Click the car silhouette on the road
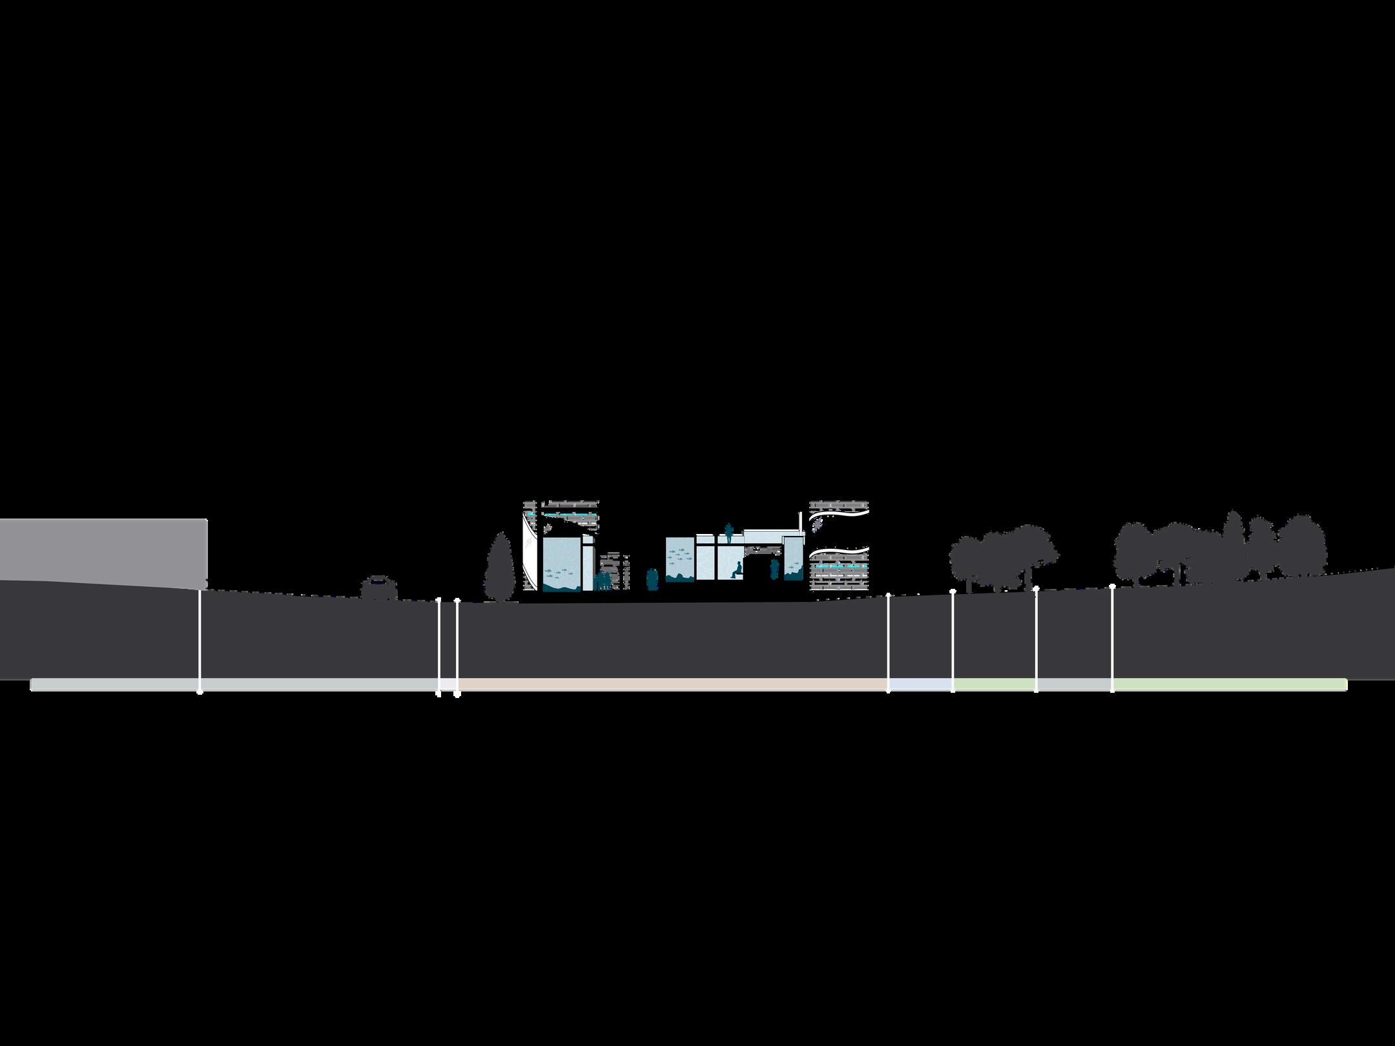(x=378, y=588)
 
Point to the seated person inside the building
(x=736, y=570)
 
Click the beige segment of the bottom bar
(x=672, y=684)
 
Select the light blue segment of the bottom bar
(x=920, y=684)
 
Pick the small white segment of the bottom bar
(x=448, y=684)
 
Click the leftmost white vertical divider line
(x=200, y=639)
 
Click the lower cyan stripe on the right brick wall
(x=840, y=566)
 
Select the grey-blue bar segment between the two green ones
(x=1074, y=684)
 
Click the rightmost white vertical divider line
(x=1112, y=639)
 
